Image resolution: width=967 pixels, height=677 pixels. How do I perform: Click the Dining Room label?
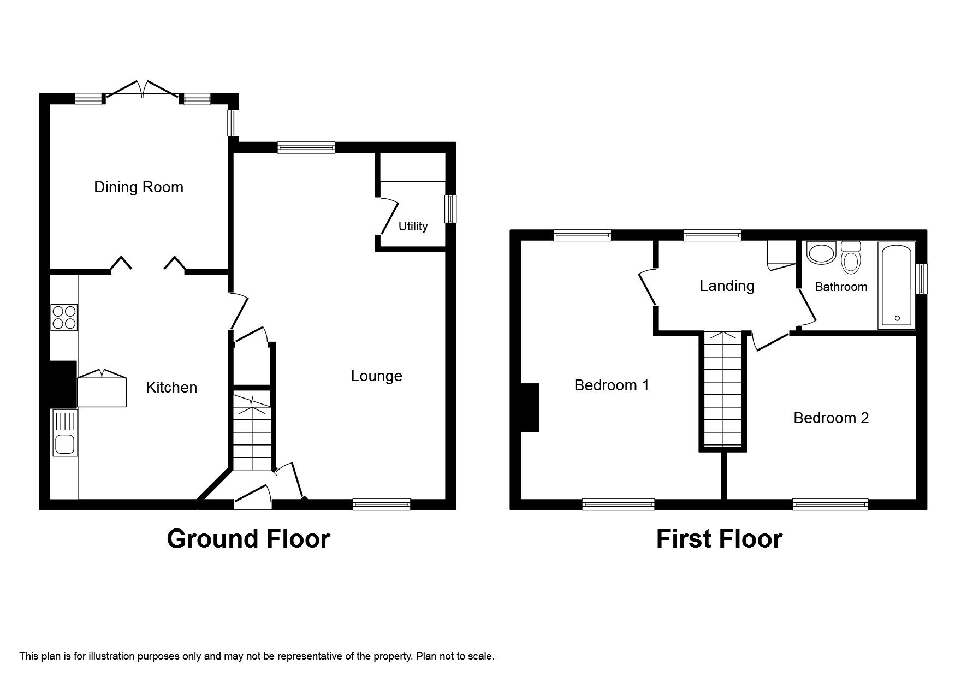(x=139, y=187)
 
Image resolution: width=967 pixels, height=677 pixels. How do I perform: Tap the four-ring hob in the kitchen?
(x=64, y=317)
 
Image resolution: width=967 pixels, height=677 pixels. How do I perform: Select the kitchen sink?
(x=65, y=439)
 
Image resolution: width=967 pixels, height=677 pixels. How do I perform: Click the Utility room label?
(x=413, y=226)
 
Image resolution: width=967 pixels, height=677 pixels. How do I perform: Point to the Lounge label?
(x=376, y=376)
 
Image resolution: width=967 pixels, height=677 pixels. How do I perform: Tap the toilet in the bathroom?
(x=851, y=258)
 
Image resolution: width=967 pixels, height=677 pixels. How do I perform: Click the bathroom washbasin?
(x=821, y=253)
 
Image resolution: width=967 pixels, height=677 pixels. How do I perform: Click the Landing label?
(x=727, y=286)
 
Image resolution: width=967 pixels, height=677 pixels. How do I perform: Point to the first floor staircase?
(x=723, y=390)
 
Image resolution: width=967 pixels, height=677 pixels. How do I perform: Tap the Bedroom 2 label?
(x=830, y=418)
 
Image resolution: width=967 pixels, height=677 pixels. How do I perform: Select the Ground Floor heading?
(x=248, y=538)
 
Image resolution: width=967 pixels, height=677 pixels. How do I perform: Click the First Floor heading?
(x=719, y=538)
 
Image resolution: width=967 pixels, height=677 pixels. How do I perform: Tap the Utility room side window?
(x=450, y=210)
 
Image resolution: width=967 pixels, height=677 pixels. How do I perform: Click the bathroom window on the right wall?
(x=922, y=278)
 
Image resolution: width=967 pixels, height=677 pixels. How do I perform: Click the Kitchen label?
(x=171, y=388)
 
